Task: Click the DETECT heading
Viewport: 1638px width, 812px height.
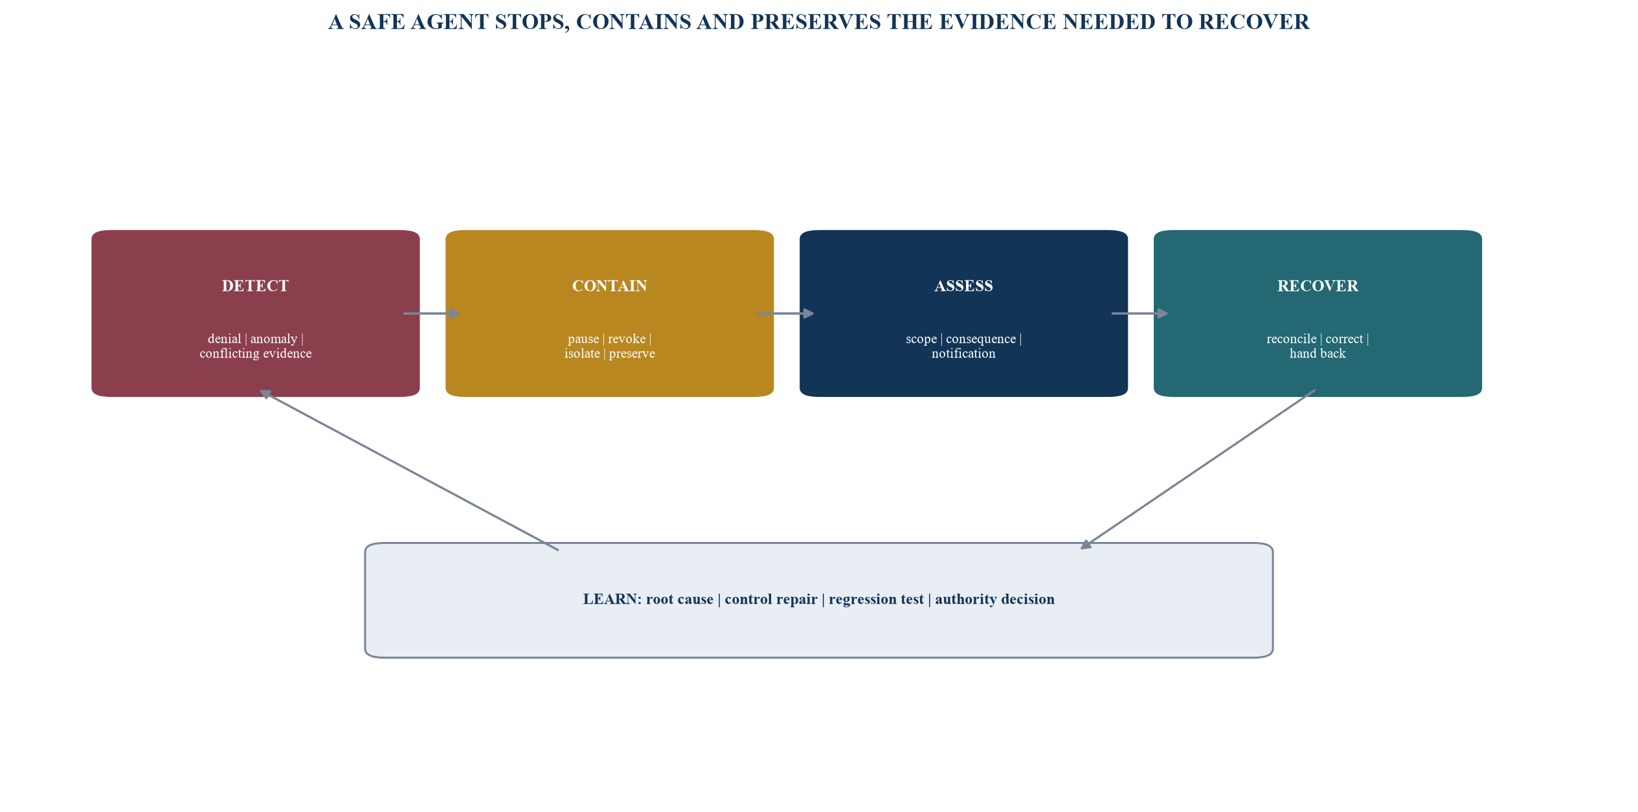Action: coord(255,286)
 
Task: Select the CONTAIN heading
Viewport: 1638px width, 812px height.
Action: coord(609,286)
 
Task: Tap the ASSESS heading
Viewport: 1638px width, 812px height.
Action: coord(963,286)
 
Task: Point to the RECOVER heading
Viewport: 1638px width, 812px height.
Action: coord(1318,286)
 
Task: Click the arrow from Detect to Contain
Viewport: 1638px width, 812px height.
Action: coord(432,313)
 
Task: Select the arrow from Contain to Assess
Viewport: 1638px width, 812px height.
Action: coord(786,313)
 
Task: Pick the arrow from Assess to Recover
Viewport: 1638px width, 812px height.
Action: coord(1140,313)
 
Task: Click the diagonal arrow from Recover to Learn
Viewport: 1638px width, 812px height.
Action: coord(1198,469)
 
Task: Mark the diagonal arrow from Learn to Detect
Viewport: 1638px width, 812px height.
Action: coord(409,470)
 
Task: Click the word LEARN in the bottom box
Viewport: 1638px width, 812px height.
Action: coord(612,600)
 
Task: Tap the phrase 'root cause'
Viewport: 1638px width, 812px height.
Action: coord(680,600)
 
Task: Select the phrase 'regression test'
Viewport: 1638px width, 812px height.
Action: coord(876,600)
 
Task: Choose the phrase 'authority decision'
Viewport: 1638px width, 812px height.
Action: coord(994,600)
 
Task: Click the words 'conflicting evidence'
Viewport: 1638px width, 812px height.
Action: coord(256,354)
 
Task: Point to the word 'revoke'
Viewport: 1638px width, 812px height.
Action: coord(627,339)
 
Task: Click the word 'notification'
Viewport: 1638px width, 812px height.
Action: coord(963,354)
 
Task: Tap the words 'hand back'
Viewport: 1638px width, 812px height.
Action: coord(1318,354)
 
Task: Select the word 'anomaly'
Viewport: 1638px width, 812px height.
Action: coord(274,339)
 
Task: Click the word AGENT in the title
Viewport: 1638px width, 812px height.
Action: coord(449,22)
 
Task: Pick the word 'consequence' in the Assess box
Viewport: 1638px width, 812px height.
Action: coord(981,339)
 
